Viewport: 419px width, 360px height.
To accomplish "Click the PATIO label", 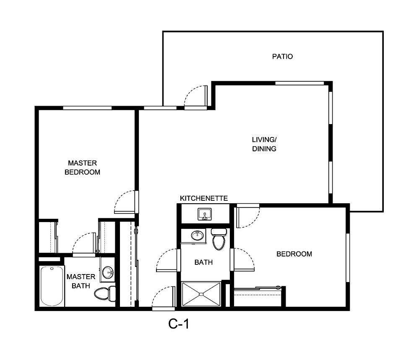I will tap(282, 57).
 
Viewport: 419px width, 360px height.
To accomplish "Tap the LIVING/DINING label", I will tap(264, 144).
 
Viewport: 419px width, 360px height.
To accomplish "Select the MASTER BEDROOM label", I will tap(82, 167).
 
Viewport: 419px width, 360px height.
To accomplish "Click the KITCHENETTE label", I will tap(203, 198).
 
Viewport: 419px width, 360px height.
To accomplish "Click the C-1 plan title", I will tap(179, 324).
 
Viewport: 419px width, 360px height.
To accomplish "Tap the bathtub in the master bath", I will tap(52, 286).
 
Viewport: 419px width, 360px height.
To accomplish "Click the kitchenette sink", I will tap(205, 215).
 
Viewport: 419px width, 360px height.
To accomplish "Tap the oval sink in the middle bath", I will tap(197, 235).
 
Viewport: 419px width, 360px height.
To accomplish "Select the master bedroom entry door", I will tap(126, 202).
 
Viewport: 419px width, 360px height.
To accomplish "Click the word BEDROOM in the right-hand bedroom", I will tap(294, 254).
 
